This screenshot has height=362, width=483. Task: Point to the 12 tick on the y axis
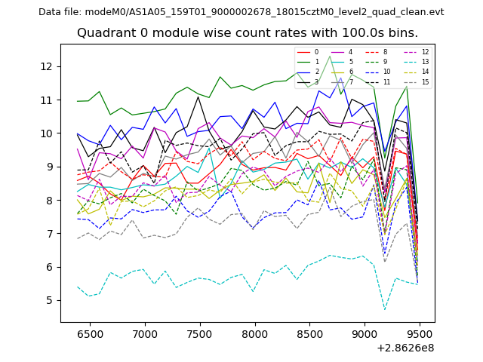tap(47, 66)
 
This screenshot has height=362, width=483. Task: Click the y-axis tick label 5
tap(50, 300)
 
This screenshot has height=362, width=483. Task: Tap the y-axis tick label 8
tap(50, 200)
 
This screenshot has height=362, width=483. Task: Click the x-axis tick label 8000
tap(254, 333)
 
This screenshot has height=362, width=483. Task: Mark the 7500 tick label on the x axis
tap(199, 333)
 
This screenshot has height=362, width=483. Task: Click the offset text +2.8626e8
tap(405, 348)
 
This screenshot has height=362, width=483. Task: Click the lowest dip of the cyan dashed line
tap(384, 309)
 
